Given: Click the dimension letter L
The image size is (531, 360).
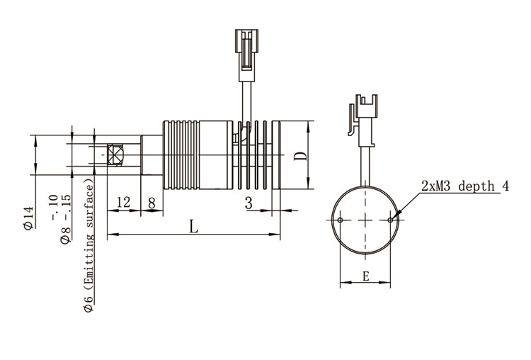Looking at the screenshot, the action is [193, 227].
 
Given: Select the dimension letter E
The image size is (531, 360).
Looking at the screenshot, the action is [366, 276].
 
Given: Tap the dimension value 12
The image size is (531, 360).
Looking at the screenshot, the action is [124, 203].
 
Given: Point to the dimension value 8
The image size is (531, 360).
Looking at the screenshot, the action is [152, 203].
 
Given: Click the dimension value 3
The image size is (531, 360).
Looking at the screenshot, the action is [249, 203].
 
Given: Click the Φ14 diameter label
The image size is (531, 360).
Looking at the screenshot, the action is [29, 218].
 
